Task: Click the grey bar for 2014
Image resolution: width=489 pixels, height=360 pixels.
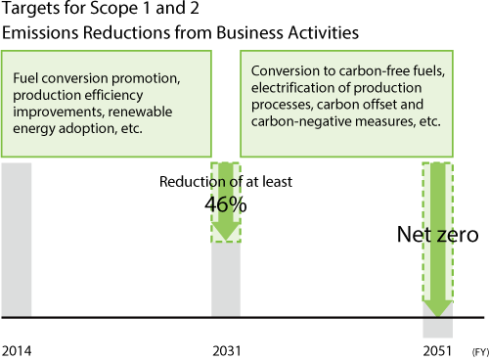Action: coord(17,240)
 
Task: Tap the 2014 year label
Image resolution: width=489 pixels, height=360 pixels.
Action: coord(17,349)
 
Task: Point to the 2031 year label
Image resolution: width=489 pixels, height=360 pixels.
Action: coord(226,349)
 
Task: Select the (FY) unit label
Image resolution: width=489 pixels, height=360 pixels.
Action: coord(477,350)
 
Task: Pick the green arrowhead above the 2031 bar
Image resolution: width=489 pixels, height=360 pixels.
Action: coord(226,233)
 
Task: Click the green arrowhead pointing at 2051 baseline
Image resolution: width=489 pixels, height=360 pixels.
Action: coord(438,305)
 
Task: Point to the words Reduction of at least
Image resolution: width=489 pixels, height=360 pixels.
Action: coord(225,181)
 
